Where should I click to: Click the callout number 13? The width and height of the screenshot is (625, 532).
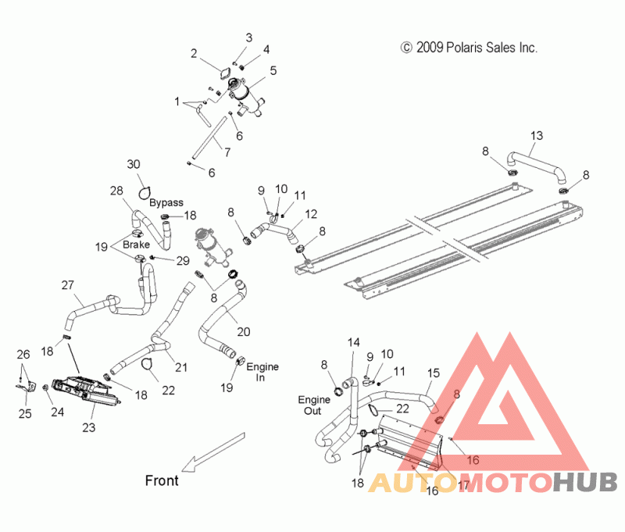tap(537, 136)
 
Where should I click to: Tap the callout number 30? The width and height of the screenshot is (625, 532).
tap(134, 164)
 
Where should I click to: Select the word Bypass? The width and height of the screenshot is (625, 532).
tap(166, 203)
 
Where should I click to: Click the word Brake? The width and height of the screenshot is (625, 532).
tap(136, 245)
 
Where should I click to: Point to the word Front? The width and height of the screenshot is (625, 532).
tap(162, 480)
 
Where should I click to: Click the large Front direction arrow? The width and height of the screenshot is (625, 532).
tap(213, 452)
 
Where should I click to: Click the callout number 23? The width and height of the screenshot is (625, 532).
tap(89, 427)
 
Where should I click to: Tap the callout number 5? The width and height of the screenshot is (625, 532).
tap(273, 70)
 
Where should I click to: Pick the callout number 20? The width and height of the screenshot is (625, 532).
tap(244, 332)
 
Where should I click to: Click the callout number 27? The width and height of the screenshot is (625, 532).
tap(68, 285)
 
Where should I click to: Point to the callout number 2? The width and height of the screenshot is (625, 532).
tap(194, 53)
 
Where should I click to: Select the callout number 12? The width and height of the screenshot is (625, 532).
tap(311, 214)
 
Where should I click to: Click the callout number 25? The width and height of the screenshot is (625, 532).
tap(25, 413)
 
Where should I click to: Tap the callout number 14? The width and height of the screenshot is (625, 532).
tap(354, 343)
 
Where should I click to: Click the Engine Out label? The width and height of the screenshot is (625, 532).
tap(314, 405)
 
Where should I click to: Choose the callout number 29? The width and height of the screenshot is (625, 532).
tap(183, 261)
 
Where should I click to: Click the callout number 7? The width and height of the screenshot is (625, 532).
tap(227, 152)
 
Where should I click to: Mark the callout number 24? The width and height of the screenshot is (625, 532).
tap(57, 412)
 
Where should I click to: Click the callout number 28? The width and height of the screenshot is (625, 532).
tap(116, 191)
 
